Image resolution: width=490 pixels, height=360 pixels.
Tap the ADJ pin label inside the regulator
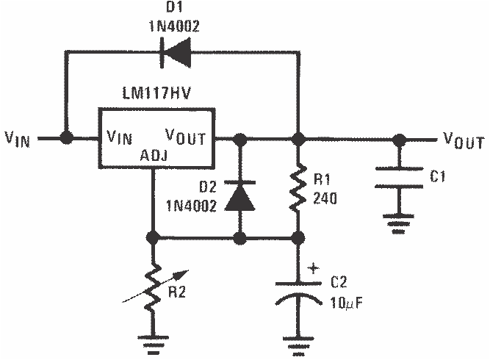click(x=154, y=155)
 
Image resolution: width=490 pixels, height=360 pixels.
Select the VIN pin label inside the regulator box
click(x=120, y=137)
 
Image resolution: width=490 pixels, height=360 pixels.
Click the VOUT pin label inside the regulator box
click(x=188, y=137)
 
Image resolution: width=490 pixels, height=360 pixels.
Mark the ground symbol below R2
click(x=153, y=342)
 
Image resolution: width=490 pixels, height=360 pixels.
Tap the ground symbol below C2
click(x=298, y=342)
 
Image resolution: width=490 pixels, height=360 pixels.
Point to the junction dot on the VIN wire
click(x=67, y=137)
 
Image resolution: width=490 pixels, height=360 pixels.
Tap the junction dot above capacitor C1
click(x=399, y=137)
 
